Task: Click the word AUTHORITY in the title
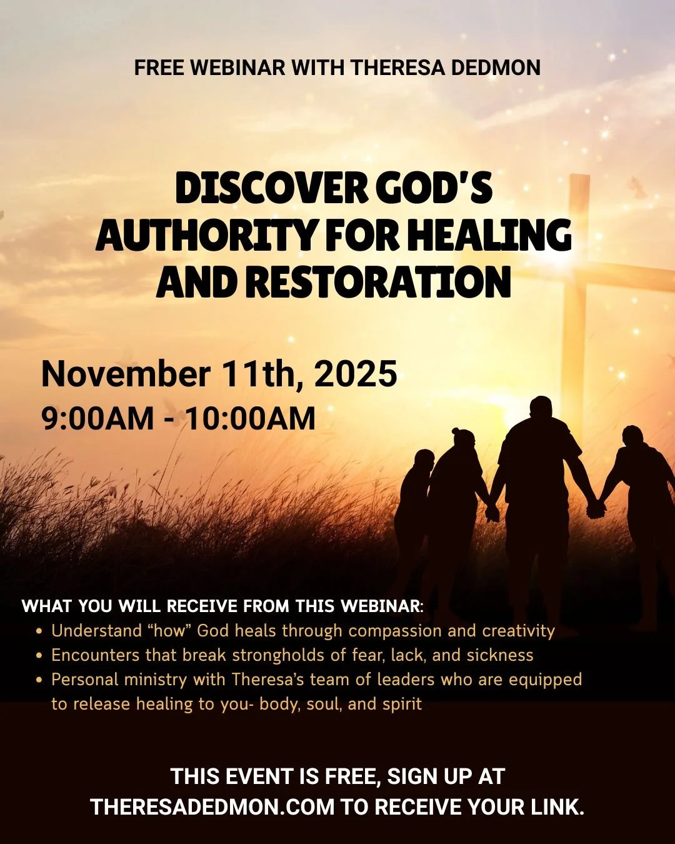(206, 236)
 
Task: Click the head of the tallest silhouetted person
(542, 409)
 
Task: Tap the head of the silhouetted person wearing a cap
(464, 440)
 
